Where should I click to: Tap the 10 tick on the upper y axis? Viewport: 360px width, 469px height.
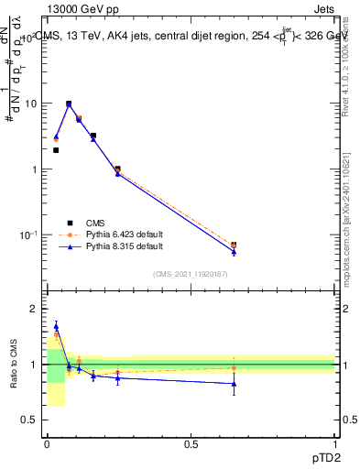pyautogui.click(x=31, y=104)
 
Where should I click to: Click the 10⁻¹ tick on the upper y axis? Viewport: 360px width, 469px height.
pyautogui.click(x=28, y=235)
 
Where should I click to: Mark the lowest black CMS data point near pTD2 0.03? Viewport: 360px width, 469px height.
pyautogui.click(x=56, y=150)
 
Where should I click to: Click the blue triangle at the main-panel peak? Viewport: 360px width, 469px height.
pyautogui.click(x=69, y=105)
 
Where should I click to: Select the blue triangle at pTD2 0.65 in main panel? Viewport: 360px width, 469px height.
pyautogui.click(x=234, y=252)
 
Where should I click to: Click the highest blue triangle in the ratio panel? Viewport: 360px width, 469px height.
pyautogui.click(x=56, y=325)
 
